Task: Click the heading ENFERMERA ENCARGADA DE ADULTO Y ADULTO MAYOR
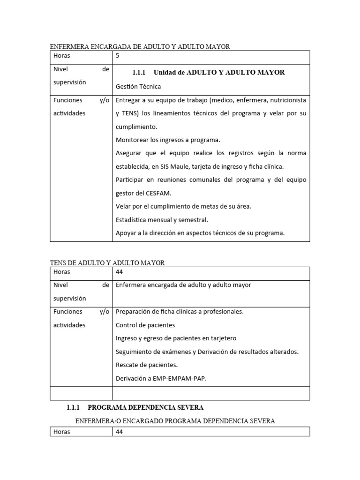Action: coord(140,46)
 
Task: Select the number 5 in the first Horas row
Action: coord(118,56)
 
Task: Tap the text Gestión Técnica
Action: coord(138,86)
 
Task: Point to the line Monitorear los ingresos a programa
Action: coord(167,140)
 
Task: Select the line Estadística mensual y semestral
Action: coord(161,219)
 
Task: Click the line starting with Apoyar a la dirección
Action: coord(200,233)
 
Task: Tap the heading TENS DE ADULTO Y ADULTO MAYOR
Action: coord(107,263)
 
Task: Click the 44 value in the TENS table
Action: coord(119,272)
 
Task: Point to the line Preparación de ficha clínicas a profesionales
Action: coord(180,311)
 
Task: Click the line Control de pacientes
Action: coord(145,325)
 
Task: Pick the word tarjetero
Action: coord(223,338)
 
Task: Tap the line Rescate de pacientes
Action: coord(147,365)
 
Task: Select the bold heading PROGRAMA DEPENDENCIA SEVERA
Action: coord(146,407)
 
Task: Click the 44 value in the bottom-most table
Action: coord(119,432)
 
